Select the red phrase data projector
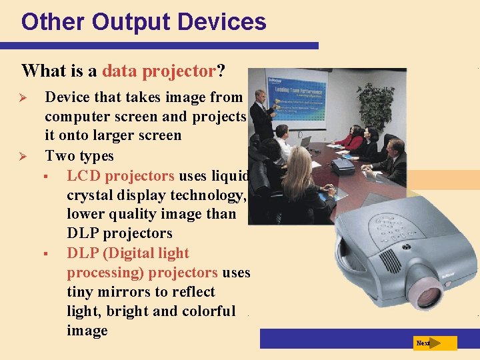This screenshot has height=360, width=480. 159,71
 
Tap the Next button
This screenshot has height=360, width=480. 435,343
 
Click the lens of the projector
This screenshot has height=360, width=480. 425,294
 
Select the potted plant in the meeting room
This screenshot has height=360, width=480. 375,105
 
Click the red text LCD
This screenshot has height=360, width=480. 85,175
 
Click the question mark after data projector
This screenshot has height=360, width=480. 221,71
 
